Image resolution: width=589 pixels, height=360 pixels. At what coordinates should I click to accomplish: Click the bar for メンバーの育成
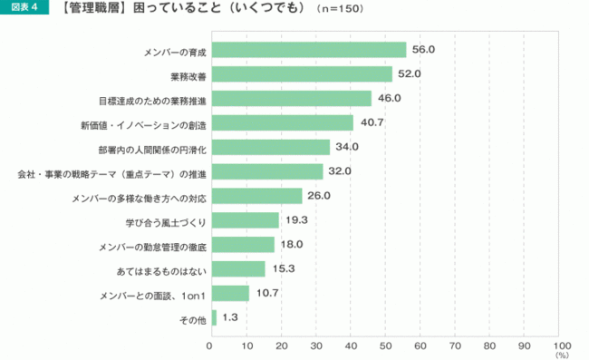pos(308,49)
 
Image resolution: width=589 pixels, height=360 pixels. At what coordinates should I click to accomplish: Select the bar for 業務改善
pos(301,73)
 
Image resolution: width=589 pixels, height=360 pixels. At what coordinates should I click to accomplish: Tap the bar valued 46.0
pos(291,98)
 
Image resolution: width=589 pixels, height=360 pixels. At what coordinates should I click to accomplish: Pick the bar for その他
pos(213,317)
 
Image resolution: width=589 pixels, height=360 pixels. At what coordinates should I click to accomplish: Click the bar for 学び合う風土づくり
pos(244,220)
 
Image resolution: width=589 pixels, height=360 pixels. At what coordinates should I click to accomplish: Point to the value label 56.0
pos(424,49)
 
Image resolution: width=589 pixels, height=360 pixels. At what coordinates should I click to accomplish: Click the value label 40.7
pos(371,122)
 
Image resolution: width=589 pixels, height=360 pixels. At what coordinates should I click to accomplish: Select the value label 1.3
pos(230,317)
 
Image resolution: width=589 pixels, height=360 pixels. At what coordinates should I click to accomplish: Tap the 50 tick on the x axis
pos(386,345)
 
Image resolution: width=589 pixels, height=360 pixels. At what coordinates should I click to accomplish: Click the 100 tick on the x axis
pos(561,345)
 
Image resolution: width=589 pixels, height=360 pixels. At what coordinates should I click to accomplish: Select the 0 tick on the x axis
pos(210,345)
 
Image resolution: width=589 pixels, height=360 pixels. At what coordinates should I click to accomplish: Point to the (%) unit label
pos(562,355)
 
